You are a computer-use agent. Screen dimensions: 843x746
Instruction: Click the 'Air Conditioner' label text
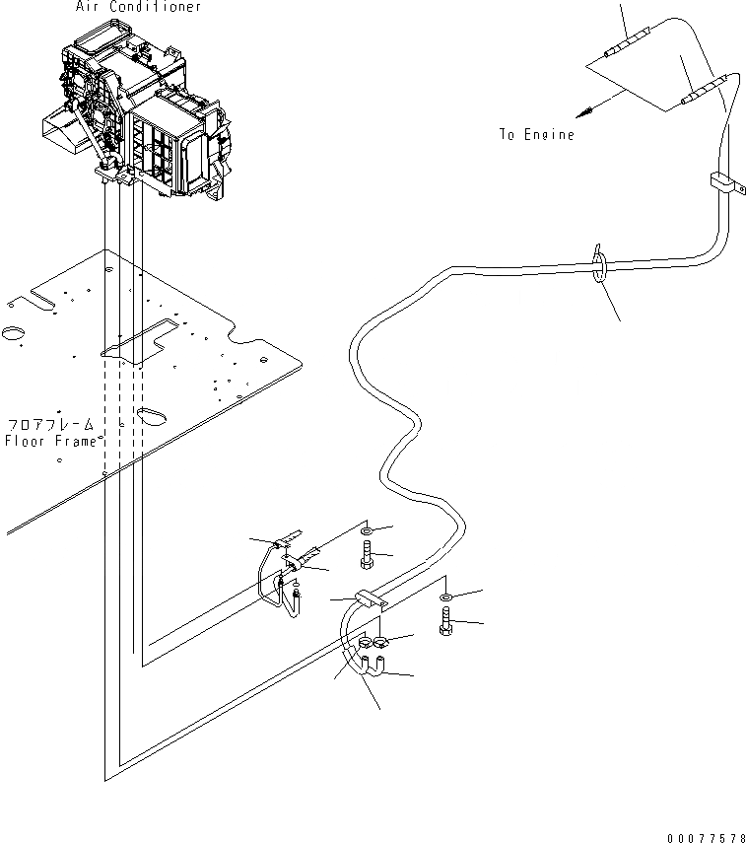[x=138, y=7]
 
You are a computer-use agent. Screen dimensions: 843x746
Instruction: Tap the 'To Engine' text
[x=536, y=134]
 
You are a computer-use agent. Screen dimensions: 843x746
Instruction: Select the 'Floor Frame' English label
[x=50, y=441]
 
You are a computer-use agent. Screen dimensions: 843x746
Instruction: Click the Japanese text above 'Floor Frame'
[x=50, y=424]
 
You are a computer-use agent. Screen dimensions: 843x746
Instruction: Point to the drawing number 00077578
[x=707, y=837]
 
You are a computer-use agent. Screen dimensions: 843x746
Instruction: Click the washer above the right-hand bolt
[x=446, y=598]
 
